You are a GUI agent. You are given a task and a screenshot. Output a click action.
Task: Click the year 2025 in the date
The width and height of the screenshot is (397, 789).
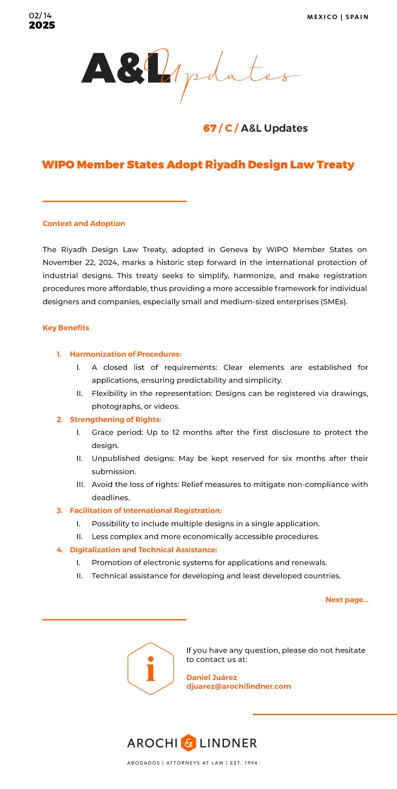(x=42, y=25)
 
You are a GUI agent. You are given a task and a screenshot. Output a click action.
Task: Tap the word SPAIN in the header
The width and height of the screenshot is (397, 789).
(x=357, y=17)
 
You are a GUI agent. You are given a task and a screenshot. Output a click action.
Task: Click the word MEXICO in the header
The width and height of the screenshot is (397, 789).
(x=322, y=17)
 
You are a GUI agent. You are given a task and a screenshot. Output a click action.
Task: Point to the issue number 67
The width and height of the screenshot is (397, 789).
(x=210, y=128)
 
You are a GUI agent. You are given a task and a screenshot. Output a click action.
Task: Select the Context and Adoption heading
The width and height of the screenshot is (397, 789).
(x=84, y=223)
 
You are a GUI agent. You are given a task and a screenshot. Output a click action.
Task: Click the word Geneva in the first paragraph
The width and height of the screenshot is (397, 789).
(x=234, y=250)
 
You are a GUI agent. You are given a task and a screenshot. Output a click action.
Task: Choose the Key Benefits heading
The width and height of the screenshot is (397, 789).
(x=66, y=328)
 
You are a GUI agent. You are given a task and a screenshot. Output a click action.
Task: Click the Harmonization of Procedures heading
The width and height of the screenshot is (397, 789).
(x=125, y=354)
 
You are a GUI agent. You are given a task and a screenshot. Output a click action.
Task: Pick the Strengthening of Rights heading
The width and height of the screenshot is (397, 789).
(x=115, y=419)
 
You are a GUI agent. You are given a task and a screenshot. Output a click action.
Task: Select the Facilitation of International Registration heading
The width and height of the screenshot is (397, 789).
(x=146, y=510)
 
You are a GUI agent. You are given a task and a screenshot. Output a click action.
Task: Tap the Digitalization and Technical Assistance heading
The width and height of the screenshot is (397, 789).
(x=143, y=550)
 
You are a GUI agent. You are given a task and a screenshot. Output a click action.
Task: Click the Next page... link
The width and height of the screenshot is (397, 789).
(x=347, y=600)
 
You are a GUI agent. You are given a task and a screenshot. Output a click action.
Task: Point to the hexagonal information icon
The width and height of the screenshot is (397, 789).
(x=151, y=668)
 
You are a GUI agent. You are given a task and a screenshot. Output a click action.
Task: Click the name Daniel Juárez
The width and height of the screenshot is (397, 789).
(x=212, y=677)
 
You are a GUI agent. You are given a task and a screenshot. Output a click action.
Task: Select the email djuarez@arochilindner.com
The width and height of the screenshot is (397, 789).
(x=239, y=686)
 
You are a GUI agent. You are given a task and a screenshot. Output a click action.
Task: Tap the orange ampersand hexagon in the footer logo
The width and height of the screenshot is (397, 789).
(x=189, y=743)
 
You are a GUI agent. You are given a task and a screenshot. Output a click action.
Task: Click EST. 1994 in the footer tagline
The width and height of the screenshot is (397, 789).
(x=244, y=763)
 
